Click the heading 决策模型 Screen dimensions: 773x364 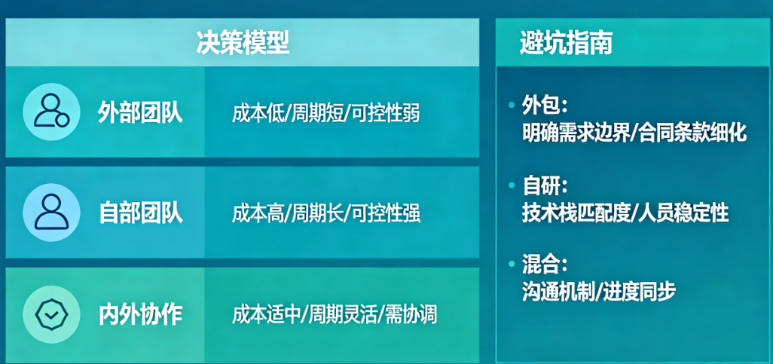click(243, 44)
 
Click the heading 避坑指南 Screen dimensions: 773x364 click(566, 44)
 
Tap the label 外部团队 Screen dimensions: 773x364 click(140, 113)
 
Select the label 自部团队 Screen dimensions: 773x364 click(140, 213)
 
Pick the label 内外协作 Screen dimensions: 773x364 click(140, 315)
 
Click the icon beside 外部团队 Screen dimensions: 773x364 click(51, 112)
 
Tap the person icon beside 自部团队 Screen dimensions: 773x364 click(51, 212)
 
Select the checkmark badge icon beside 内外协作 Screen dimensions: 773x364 click(51, 314)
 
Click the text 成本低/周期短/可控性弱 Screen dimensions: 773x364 click(326, 114)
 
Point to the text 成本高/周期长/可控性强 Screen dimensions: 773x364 click(326, 213)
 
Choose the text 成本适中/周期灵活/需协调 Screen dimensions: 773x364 click(335, 315)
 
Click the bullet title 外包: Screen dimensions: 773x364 click(545, 105)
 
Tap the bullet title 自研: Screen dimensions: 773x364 click(545, 186)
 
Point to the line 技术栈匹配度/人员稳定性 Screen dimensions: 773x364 click(625, 213)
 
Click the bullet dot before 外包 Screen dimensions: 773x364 click(512, 105)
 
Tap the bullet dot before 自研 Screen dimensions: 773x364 click(512, 186)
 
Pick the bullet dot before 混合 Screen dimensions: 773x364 click(512, 265)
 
